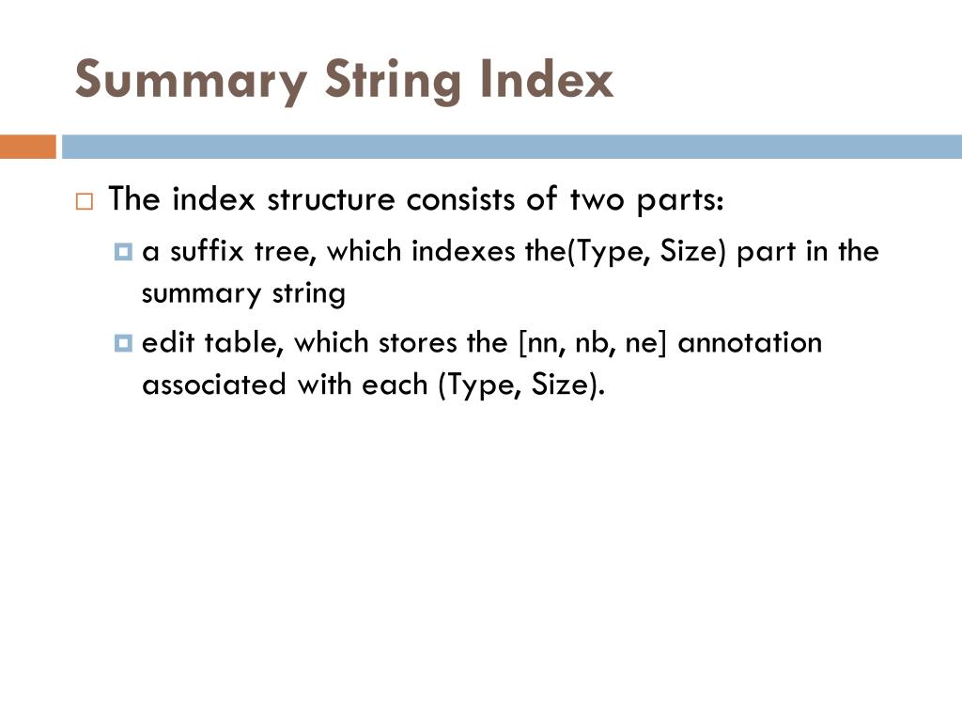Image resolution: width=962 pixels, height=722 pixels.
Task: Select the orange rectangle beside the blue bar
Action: (x=28, y=148)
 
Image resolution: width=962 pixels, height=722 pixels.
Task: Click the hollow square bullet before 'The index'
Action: (x=85, y=202)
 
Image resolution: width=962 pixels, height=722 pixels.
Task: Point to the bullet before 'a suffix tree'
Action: (x=123, y=252)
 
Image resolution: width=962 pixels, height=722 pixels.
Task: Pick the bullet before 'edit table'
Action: (x=123, y=343)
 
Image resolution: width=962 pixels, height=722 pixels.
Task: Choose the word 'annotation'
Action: (x=750, y=343)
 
